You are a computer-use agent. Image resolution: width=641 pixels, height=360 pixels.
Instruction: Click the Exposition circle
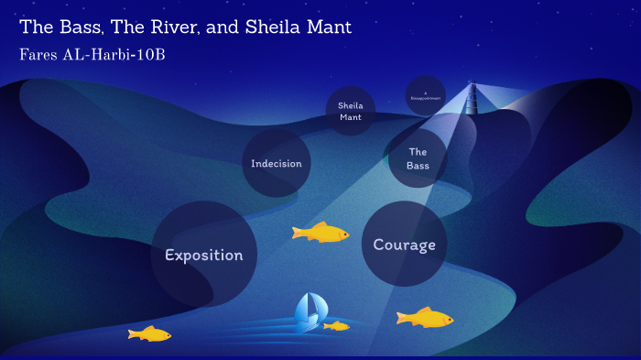(x=203, y=254)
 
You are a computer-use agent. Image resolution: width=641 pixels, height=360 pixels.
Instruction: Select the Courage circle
(x=404, y=245)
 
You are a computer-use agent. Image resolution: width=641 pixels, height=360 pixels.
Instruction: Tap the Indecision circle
(x=277, y=163)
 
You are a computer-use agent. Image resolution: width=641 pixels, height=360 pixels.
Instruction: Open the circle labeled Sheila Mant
(x=350, y=112)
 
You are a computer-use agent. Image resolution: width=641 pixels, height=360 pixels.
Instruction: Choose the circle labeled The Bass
(x=418, y=158)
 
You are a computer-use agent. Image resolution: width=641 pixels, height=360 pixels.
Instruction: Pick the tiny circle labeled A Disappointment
(x=425, y=95)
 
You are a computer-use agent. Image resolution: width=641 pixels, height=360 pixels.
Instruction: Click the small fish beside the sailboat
(x=337, y=325)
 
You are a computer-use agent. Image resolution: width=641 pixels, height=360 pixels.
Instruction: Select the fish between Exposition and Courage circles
(x=320, y=233)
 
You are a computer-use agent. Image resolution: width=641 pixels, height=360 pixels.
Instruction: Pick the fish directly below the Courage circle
(x=425, y=318)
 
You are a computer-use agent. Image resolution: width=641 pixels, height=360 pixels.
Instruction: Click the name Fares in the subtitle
(x=42, y=55)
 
